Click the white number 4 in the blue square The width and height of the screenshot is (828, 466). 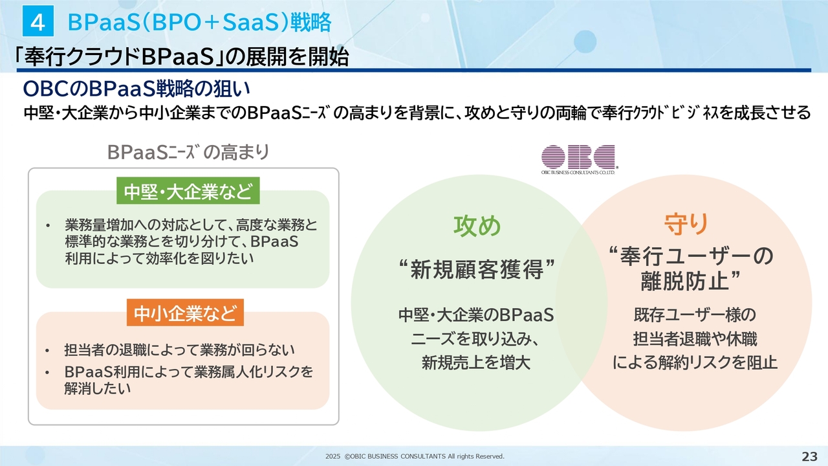click(38, 22)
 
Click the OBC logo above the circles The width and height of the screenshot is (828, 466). click(578, 159)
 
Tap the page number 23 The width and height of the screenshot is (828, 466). click(809, 456)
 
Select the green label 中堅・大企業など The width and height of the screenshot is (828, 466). click(188, 191)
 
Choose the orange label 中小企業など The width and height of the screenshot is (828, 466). click(185, 313)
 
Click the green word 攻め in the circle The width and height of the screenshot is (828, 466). click(477, 225)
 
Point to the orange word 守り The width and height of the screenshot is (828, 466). click(686, 224)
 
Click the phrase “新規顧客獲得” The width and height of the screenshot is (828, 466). click(477, 269)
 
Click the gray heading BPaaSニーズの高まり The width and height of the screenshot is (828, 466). click(188, 152)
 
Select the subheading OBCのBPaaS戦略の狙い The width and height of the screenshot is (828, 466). click(136, 89)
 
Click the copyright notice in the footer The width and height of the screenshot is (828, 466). click(415, 456)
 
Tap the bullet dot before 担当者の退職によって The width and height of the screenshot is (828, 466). click(47, 350)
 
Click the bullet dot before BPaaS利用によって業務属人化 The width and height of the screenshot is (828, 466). click(47, 372)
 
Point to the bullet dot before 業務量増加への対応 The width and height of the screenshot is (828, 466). click(47, 225)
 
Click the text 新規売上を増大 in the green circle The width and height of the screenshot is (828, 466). click(476, 362)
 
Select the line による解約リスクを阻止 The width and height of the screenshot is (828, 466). click(695, 362)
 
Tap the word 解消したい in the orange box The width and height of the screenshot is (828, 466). click(98, 388)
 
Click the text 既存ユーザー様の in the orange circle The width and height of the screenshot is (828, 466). click(695, 315)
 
